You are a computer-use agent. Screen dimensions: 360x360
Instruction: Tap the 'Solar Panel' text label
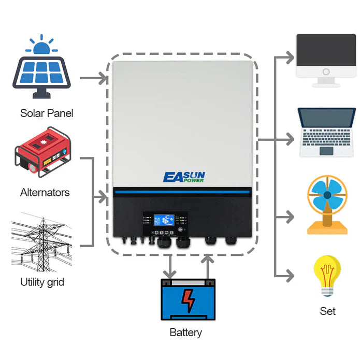tap(47, 113)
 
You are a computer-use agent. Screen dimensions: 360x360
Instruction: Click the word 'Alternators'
tap(45, 192)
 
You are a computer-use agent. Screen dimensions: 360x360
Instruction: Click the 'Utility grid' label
tap(42, 282)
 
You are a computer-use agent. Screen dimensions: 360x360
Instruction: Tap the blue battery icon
tap(188, 300)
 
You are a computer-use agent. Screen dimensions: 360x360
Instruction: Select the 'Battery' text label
tap(185, 333)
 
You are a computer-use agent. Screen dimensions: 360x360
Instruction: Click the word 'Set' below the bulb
tap(327, 311)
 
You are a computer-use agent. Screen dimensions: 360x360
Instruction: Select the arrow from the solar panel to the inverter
tap(93, 79)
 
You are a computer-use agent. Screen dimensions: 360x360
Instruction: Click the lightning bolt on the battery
tap(188, 301)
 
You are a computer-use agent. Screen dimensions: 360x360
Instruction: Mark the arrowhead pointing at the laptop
tap(292, 139)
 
